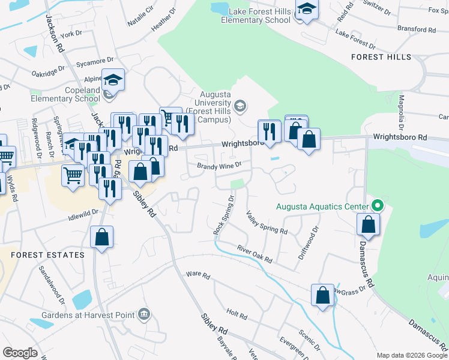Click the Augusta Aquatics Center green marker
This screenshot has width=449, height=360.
tap(377, 206)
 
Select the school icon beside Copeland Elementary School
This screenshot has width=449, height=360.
tap(112, 80)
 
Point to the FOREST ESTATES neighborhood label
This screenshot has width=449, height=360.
tap(47, 255)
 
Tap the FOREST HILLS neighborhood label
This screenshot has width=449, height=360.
tap(382, 57)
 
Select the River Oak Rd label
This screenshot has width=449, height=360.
tap(255, 254)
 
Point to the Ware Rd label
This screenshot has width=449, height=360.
tap(198, 275)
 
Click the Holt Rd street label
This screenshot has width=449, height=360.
tap(237, 313)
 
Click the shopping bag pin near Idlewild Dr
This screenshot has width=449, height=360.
tap(101, 236)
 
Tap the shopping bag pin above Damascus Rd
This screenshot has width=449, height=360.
tap(367, 224)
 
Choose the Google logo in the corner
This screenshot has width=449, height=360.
tap(20, 353)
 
